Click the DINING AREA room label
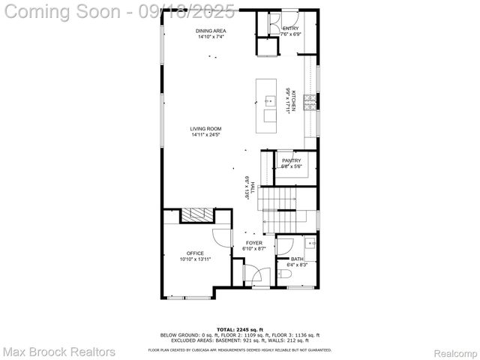(x=211, y=31)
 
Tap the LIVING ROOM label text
(x=205, y=129)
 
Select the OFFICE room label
(x=195, y=253)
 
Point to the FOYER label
(x=255, y=243)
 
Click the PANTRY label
(x=291, y=160)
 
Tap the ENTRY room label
(x=290, y=28)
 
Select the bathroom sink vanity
(x=310, y=245)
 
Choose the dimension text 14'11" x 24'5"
(x=205, y=136)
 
